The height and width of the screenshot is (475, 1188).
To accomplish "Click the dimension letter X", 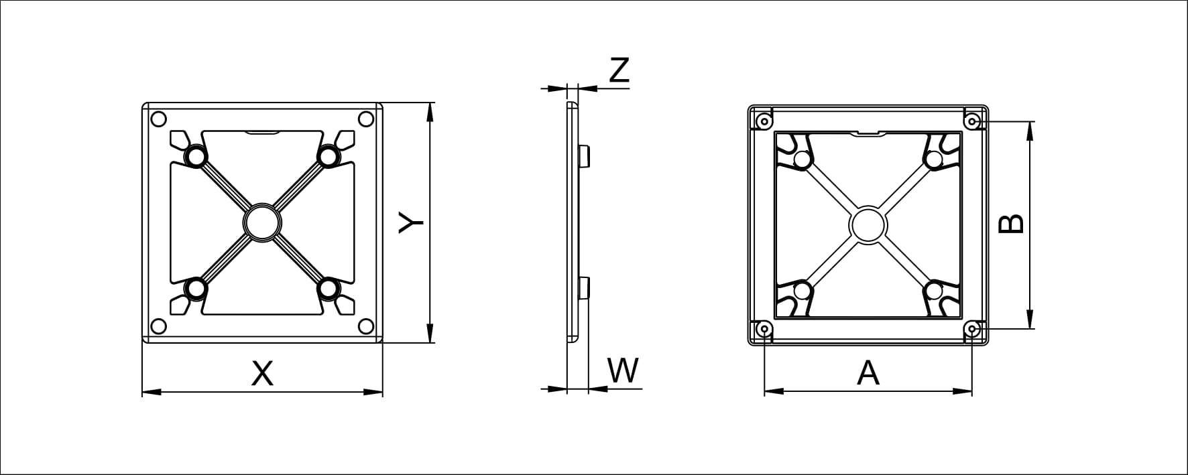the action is (x=262, y=373).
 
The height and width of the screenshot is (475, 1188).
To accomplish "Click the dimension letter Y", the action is (x=410, y=223).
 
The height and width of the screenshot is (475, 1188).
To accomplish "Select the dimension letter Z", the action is (x=619, y=70).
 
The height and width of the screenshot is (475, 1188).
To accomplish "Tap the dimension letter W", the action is (x=623, y=370).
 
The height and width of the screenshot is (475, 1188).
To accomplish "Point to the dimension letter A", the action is (x=868, y=373).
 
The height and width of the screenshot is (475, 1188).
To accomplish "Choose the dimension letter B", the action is (x=1011, y=224).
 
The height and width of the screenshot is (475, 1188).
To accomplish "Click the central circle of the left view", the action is (x=262, y=222).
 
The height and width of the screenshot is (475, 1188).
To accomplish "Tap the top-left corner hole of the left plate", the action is (x=159, y=120).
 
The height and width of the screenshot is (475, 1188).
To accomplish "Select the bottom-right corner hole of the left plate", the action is (x=366, y=326).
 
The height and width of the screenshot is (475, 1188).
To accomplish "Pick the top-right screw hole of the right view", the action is (x=972, y=121).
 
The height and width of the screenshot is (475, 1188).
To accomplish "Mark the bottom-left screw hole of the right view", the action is (x=764, y=329).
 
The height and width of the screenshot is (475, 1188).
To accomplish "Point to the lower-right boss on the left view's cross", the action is (x=329, y=289).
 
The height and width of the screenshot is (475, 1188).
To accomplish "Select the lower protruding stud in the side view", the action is (x=583, y=287).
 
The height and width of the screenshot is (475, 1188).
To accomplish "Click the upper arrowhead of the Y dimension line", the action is (x=430, y=111).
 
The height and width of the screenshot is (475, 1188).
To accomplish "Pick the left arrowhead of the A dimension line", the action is (x=774, y=391).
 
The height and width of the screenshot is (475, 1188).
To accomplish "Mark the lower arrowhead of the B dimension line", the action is (x=1030, y=319).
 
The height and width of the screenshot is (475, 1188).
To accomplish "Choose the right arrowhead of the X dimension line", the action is (x=373, y=391).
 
